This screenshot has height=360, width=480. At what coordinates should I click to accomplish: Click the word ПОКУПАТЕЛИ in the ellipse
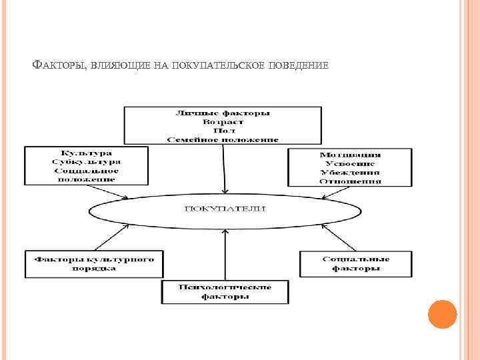point(225,209)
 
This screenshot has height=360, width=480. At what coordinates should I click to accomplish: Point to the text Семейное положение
point(223,139)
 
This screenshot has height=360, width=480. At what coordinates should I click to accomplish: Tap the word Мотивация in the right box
point(350,155)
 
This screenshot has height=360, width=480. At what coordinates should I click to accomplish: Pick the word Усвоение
point(350,163)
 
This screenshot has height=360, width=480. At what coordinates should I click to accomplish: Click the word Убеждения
point(350,172)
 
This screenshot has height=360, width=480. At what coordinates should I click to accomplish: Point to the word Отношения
point(350,180)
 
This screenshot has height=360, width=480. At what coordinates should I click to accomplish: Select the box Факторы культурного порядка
point(94,263)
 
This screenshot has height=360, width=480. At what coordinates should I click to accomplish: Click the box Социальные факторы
point(356,263)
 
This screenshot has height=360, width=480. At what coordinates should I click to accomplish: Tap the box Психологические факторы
point(225,291)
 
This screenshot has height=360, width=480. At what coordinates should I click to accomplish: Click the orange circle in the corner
point(442,315)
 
